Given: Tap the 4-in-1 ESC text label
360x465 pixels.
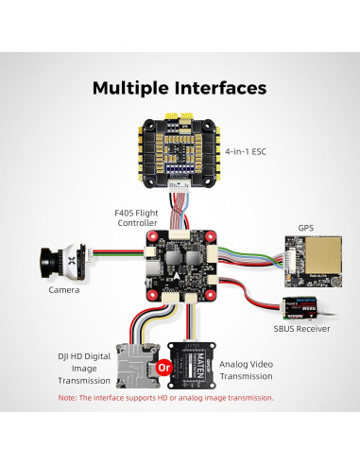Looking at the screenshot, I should point(249,150).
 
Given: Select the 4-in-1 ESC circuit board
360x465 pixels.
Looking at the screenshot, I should point(180,150).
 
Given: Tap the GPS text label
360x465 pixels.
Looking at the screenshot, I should point(305,228).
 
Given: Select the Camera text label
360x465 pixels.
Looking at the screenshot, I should point(65,292).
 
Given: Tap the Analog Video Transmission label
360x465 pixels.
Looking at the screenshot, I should point(247,369).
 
